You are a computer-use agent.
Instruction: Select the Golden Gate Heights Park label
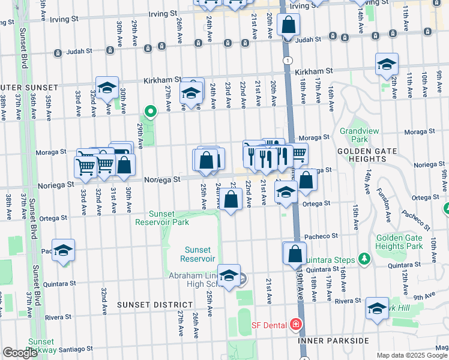pyautogui.click(x=399, y=242)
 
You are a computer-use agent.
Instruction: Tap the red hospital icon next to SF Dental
pyautogui.click(x=295, y=325)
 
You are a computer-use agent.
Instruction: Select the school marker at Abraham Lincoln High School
pyautogui.click(x=229, y=275)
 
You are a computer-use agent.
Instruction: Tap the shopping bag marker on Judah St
pyautogui.click(x=288, y=26)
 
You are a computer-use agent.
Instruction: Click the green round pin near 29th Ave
pyautogui.click(x=150, y=110)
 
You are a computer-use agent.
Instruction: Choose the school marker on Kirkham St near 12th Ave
pyautogui.click(x=387, y=64)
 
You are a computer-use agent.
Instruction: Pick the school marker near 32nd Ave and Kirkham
pyautogui.click(x=107, y=88)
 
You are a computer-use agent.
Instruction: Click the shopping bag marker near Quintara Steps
pyautogui.click(x=295, y=253)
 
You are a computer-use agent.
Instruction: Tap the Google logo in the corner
pyautogui.click(x=20, y=353)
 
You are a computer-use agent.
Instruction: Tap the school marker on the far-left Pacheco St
pyautogui.click(x=63, y=251)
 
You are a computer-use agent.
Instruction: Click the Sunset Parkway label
pyautogui.click(x=43, y=345)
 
